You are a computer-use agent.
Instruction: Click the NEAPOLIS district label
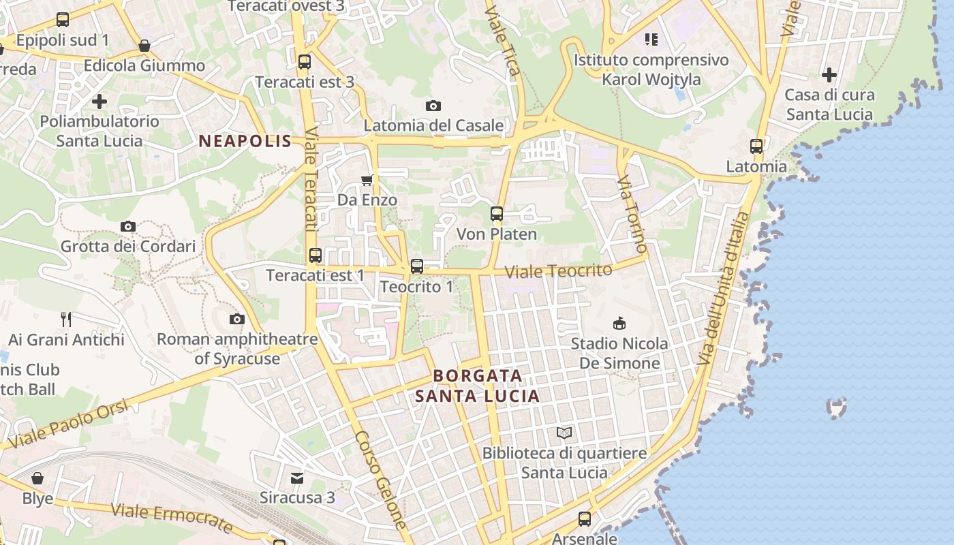[x=245, y=142]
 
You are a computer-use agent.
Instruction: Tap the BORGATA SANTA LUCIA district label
[x=478, y=386]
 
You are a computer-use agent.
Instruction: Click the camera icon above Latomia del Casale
[x=433, y=106]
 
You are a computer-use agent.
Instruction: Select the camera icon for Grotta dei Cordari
[x=127, y=226]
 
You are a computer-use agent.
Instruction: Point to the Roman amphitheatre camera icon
[x=236, y=319]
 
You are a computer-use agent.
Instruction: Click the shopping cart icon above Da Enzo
[x=367, y=180]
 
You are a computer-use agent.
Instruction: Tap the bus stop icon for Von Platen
[x=497, y=214]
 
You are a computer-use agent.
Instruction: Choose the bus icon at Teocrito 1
[x=417, y=266]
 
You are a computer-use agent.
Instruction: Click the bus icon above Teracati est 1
[x=316, y=255]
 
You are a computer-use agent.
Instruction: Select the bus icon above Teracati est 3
[x=305, y=62]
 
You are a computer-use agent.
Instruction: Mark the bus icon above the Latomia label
[x=756, y=146]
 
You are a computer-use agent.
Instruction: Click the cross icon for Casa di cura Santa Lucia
[x=829, y=74]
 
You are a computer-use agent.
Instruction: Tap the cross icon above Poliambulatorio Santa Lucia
[x=99, y=102]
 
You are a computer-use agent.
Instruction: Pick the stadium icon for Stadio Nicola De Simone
[x=619, y=322]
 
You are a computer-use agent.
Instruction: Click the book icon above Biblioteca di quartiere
[x=564, y=433]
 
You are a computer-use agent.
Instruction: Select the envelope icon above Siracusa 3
[x=297, y=478]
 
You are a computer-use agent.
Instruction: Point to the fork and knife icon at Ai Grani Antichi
[x=66, y=319]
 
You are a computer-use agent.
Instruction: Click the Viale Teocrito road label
[x=558, y=271]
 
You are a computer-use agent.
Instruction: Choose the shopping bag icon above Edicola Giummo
[x=144, y=46]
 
